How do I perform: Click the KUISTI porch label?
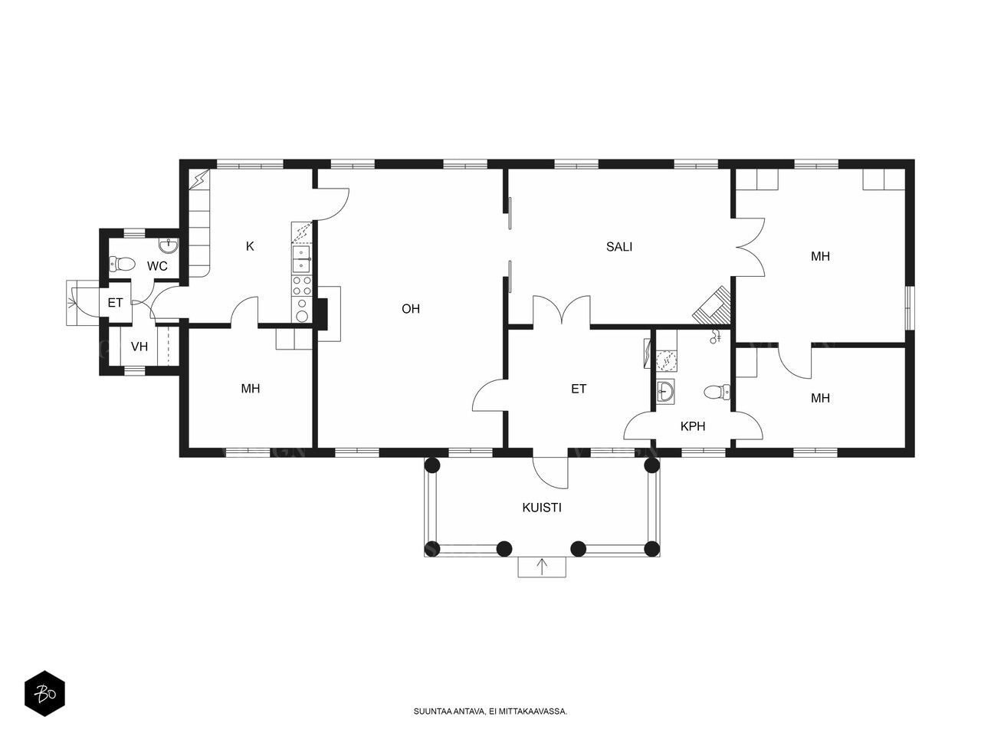tap(541, 508)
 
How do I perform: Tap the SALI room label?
tap(618, 247)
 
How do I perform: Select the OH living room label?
tap(410, 309)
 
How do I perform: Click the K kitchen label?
tap(250, 246)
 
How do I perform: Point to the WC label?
tap(157, 266)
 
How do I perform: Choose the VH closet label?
tap(139, 347)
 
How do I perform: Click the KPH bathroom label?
tap(692, 426)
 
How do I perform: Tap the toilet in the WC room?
tap(122, 264)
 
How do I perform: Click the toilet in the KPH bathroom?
tap(717, 393)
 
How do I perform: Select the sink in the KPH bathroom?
tap(665, 393)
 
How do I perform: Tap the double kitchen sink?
tap(302, 259)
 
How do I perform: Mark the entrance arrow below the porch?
tap(542, 567)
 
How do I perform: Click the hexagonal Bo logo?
tap(44, 694)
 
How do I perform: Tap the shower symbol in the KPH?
tap(715, 336)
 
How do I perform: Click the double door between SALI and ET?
tap(561, 309)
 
